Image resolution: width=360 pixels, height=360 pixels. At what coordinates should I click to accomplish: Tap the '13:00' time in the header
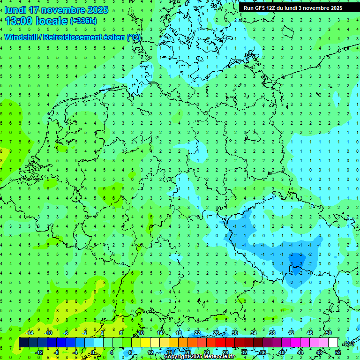pyautogui.click(x=19, y=21)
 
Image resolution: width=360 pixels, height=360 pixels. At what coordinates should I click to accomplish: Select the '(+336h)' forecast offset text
pyautogui.click(x=83, y=21)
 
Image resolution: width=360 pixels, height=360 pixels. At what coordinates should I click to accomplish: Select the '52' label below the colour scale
pyautogui.click(x=338, y=352)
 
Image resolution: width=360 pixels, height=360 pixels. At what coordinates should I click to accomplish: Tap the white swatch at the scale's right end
pyautogui.click(x=333, y=343)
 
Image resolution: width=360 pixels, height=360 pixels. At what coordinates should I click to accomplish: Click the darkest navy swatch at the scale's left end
pyautogui.click(x=23, y=343)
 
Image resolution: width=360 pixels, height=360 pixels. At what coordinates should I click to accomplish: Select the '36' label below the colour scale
pyautogui.click(x=263, y=352)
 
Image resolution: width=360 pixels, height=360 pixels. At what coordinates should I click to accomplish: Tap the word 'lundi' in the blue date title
pyautogui.click(x=15, y=10)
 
